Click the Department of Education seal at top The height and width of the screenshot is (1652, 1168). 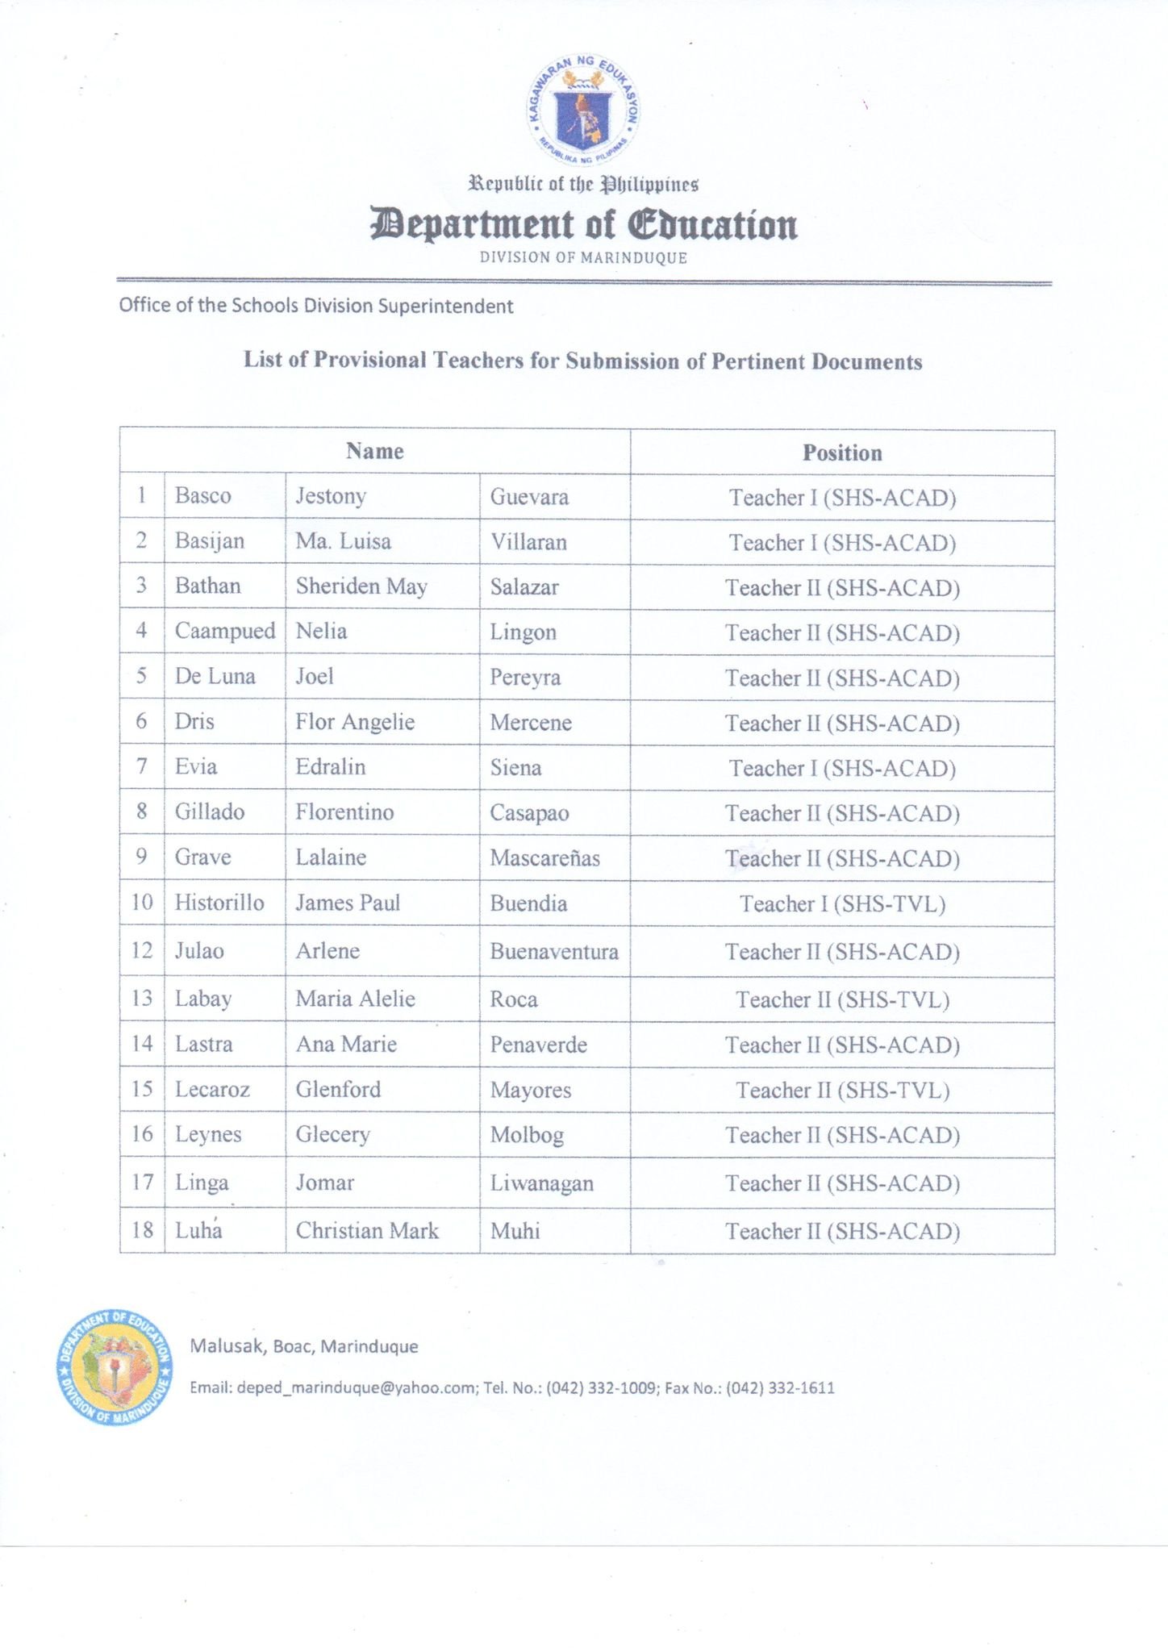[x=583, y=110]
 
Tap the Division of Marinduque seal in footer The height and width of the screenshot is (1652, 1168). [x=115, y=1366]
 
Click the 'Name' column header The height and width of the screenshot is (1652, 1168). [x=375, y=452]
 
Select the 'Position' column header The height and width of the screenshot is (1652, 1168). [x=842, y=453]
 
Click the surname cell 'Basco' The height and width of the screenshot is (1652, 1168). [x=203, y=495]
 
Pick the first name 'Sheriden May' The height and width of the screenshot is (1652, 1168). [x=361, y=586]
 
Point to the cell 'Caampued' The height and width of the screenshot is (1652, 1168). [x=225, y=631]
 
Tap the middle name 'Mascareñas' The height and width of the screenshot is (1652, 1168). [x=545, y=857]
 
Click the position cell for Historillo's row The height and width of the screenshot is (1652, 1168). [x=842, y=903]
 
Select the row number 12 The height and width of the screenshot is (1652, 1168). [x=142, y=951]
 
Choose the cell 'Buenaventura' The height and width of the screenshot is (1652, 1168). [x=554, y=952]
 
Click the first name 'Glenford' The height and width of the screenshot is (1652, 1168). [x=338, y=1090]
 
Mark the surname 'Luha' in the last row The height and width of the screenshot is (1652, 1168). [x=198, y=1230]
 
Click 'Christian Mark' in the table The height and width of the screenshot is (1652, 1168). [x=367, y=1230]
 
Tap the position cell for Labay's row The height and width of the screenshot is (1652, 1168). [x=842, y=1000]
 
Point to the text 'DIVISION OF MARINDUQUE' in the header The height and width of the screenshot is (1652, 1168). [x=583, y=258]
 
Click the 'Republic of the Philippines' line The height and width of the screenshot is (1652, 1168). [x=583, y=185]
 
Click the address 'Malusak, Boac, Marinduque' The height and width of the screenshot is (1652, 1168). [x=304, y=1345]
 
